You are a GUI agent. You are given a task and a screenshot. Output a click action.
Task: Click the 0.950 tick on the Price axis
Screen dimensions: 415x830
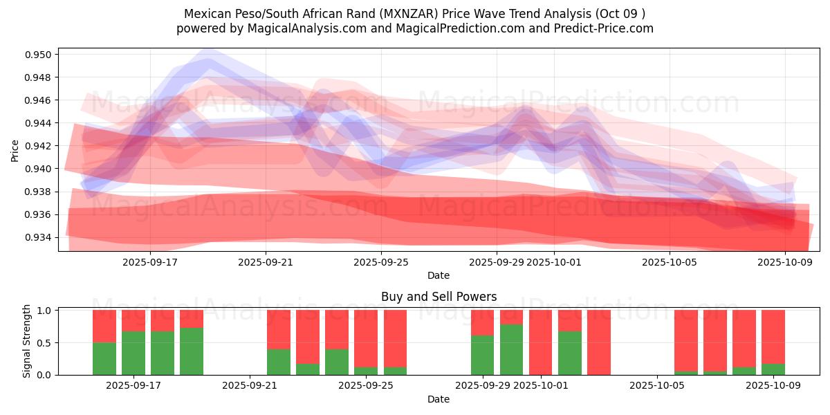tap(40, 55)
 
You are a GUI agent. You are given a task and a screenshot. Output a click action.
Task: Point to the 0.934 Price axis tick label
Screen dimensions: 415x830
tap(40, 237)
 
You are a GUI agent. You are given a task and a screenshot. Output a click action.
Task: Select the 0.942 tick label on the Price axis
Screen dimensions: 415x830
tap(40, 146)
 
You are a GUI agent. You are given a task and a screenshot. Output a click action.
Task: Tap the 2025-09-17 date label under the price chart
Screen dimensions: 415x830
tap(150, 262)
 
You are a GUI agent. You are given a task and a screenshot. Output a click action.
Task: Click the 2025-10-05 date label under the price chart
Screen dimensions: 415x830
tap(670, 262)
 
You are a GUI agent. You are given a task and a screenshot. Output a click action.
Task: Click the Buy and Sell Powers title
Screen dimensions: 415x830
tap(439, 297)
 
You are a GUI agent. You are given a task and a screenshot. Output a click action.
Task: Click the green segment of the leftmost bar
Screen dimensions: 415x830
tap(104, 358)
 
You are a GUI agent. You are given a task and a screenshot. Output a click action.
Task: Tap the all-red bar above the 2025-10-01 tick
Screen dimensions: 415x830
tap(541, 342)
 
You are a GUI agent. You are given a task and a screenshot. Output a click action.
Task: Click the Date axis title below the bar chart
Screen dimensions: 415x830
tap(439, 399)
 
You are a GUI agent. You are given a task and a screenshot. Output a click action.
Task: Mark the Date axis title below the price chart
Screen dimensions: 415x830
tap(439, 275)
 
